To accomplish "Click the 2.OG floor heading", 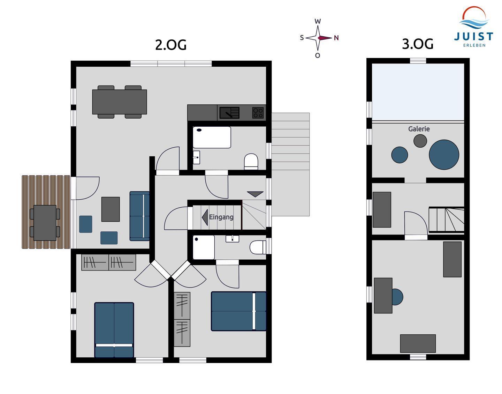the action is pyautogui.click(x=171, y=45).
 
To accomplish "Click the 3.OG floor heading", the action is pyautogui.click(x=417, y=44).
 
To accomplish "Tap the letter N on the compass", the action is pyautogui.click(x=336, y=38).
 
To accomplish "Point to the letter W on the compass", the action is pyautogui.click(x=318, y=22).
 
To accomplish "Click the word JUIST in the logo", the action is pyautogui.click(x=473, y=37).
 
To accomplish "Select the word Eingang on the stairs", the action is pyautogui.click(x=221, y=217).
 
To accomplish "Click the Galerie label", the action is pyautogui.click(x=419, y=129).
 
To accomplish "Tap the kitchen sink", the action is pyautogui.click(x=229, y=113).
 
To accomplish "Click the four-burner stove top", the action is pyautogui.click(x=258, y=113).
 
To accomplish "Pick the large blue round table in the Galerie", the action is pyautogui.click(x=444, y=155).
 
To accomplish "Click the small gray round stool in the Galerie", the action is pyautogui.click(x=420, y=141).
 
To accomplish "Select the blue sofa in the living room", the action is pyautogui.click(x=139, y=216).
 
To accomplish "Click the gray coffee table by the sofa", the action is pyautogui.click(x=111, y=209).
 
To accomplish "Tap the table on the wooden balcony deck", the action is pyautogui.click(x=45, y=223).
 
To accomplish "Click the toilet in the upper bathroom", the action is pyautogui.click(x=251, y=161).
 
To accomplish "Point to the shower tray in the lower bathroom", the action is pyautogui.click(x=204, y=247).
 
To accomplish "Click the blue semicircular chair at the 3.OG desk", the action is pyautogui.click(x=397, y=297).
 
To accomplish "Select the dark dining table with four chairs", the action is pyautogui.click(x=120, y=102).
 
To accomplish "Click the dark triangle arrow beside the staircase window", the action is pyautogui.click(x=255, y=194).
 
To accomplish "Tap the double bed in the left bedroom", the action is pyautogui.click(x=114, y=330).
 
